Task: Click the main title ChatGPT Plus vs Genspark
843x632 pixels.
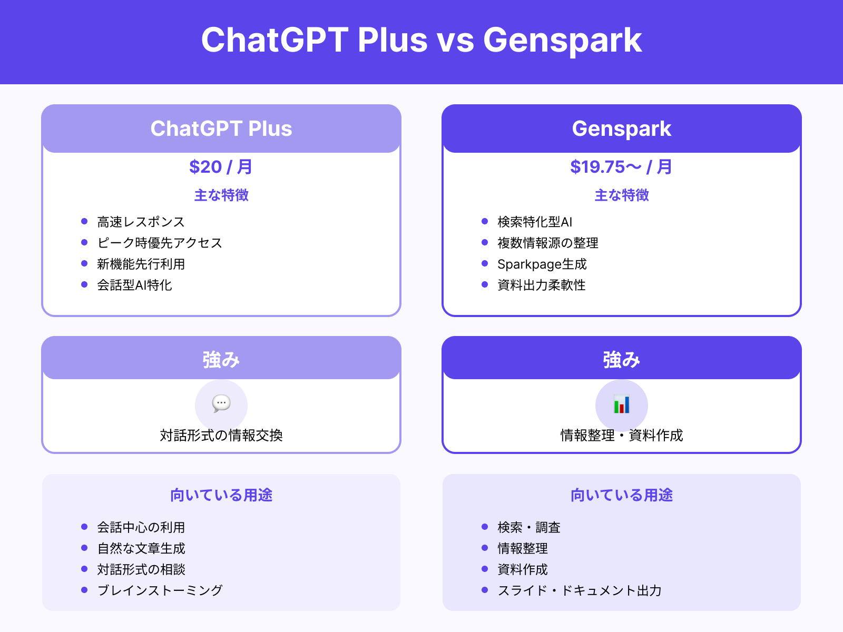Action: point(421,40)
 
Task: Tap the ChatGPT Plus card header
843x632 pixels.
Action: point(221,129)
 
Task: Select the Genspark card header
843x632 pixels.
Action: point(622,129)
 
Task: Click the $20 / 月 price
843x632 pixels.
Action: point(221,167)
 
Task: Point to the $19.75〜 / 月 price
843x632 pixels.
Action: point(622,167)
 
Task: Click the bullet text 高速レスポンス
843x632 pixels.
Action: point(141,222)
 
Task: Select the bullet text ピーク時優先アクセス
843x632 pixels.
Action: point(160,243)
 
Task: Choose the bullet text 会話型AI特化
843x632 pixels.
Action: point(134,285)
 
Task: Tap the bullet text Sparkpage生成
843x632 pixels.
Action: point(542,264)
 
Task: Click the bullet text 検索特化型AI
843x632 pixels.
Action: point(535,222)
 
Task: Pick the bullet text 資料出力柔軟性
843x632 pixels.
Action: point(541,285)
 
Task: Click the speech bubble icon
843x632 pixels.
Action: point(221,404)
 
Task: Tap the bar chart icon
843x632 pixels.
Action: point(622,404)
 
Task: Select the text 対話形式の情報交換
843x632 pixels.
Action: point(221,435)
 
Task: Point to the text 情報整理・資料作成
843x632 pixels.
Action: point(622,435)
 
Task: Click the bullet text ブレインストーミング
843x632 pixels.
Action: point(160,590)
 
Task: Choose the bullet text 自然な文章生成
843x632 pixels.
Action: point(141,548)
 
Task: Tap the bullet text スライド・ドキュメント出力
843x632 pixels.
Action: point(579,590)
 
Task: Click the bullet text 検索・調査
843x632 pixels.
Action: point(528,527)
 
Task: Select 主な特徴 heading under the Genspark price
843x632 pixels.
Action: point(622,195)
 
